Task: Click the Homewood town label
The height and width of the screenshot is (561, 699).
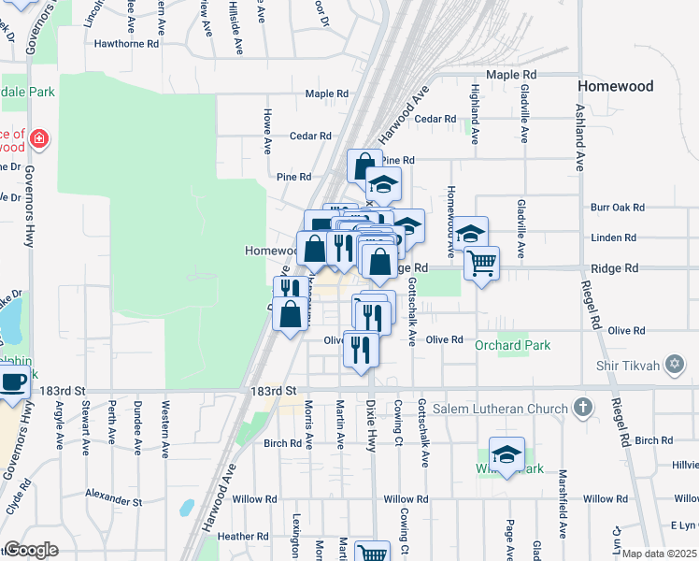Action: [x=614, y=86]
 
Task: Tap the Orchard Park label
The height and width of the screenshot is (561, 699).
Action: [x=513, y=346]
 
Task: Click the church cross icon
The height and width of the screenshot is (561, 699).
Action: [x=583, y=408]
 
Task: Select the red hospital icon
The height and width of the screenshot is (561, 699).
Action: [x=39, y=140]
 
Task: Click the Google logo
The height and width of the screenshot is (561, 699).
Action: [x=31, y=550]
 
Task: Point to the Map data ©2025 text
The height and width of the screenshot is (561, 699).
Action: [x=660, y=554]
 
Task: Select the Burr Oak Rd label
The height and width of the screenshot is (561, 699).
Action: [x=618, y=207]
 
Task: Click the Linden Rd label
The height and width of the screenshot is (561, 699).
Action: [x=613, y=237]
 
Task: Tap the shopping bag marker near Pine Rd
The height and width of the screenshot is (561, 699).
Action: [x=364, y=166]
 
